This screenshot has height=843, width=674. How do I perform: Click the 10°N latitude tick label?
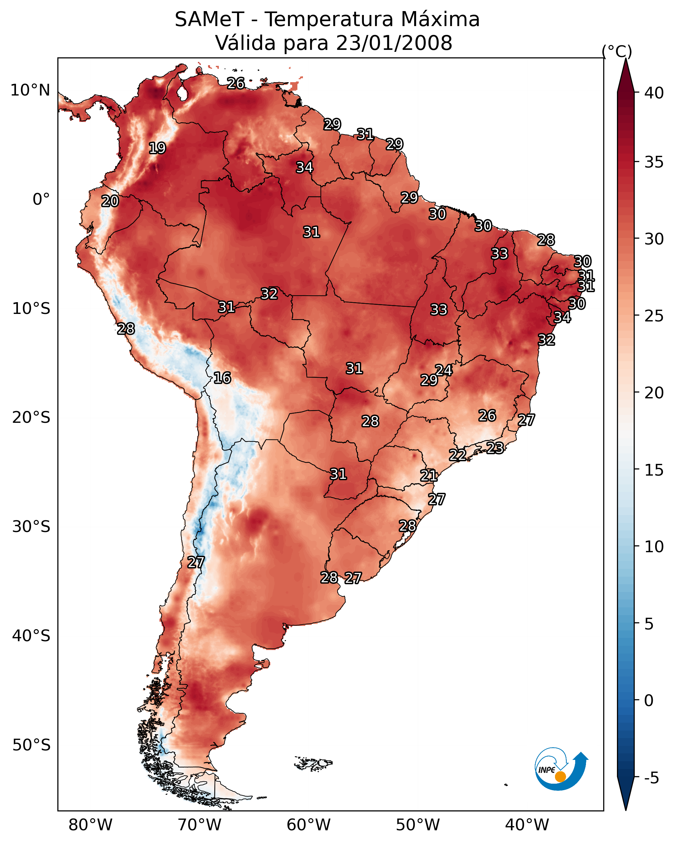[x=30, y=90]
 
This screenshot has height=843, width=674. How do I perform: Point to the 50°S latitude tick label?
[x=31, y=745]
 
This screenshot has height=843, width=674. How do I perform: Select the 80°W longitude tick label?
[x=90, y=825]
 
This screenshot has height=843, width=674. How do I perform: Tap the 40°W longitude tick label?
[x=527, y=825]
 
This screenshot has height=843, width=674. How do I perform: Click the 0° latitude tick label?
[x=41, y=200]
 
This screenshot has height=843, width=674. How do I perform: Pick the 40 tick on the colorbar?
[x=654, y=93]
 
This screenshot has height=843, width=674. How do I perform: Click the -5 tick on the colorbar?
[x=651, y=778]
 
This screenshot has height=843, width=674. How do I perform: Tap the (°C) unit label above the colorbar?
[x=617, y=51]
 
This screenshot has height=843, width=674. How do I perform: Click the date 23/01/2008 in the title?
[x=394, y=43]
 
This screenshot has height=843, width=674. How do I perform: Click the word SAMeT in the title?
[x=209, y=20]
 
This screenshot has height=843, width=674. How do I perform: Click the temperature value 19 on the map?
[x=157, y=148]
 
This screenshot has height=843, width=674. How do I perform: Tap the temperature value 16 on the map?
[x=222, y=378]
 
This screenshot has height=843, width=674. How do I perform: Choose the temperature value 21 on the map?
[x=429, y=476]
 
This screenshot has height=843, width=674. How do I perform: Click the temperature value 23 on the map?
[x=495, y=448]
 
